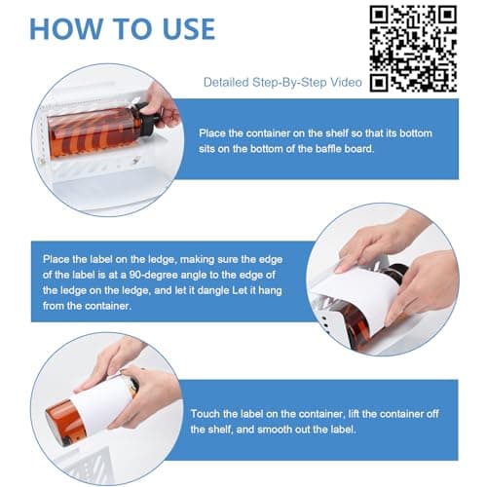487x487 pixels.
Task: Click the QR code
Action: (x=414, y=48)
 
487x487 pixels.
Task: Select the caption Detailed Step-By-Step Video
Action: (x=282, y=83)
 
